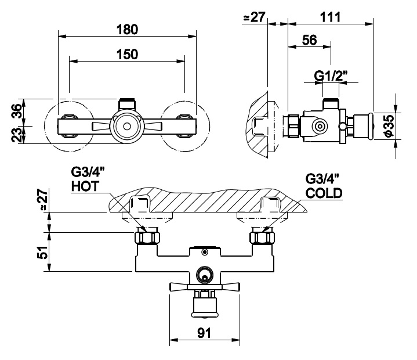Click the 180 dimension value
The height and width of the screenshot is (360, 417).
coord(127,29)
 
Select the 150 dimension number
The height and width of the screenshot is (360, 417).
coord(127,54)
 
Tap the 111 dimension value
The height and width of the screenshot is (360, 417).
coord(331,17)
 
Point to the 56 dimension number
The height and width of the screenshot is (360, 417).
coord(310,40)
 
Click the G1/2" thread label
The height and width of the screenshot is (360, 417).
coord(331,76)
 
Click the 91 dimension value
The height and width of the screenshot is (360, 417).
coord(204,333)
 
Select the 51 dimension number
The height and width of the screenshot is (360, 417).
coord(42,252)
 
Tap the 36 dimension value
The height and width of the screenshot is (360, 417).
coord(16,111)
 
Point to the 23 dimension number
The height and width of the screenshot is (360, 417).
coord(16,135)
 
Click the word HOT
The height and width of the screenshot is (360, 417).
coord(85,186)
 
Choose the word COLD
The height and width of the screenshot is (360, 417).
coord(324,193)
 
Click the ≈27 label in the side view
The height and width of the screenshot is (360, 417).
coord(254,17)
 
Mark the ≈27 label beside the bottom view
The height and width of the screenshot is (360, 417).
coord(42,200)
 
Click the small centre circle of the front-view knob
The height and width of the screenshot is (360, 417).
coord(127,126)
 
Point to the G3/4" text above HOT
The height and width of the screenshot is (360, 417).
coord(88,172)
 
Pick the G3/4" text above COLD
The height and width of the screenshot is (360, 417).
coord(322,179)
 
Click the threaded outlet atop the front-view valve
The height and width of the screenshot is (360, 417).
coord(127,104)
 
